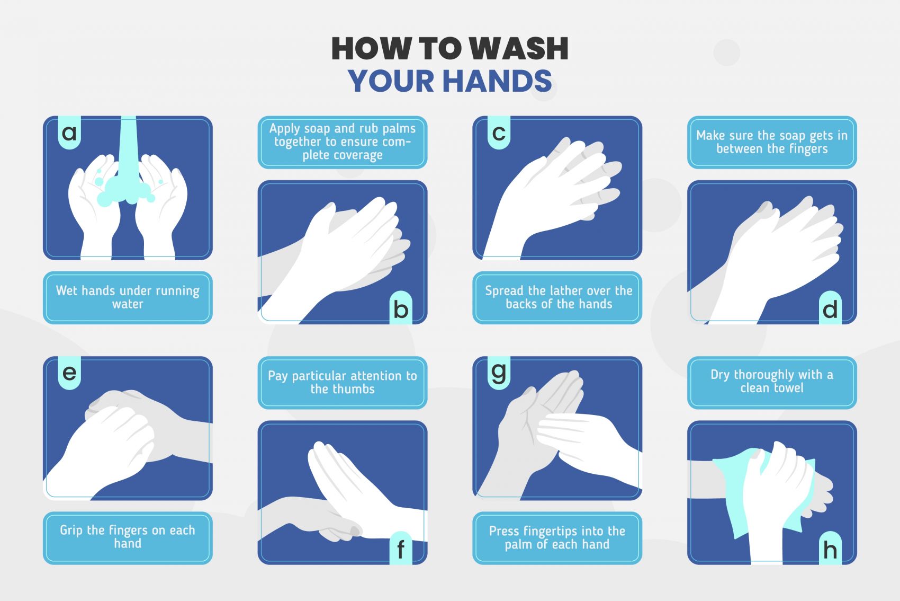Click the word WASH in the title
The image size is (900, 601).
[x=519, y=49]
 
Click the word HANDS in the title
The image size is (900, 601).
[x=498, y=81]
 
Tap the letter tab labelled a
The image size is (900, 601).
[x=69, y=132]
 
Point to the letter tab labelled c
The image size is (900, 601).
[x=499, y=132]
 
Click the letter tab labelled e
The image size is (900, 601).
[x=69, y=373]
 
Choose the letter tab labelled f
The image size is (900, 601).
[x=401, y=549]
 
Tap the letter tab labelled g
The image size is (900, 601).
[x=499, y=373]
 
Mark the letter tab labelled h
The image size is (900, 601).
[x=831, y=549]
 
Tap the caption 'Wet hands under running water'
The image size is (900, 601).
[x=128, y=298]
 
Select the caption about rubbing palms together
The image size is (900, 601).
[x=343, y=142]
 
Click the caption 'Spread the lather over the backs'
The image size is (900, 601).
[x=557, y=298]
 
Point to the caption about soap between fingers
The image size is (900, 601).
[x=772, y=142]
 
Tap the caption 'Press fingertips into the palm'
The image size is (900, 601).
[x=557, y=538]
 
